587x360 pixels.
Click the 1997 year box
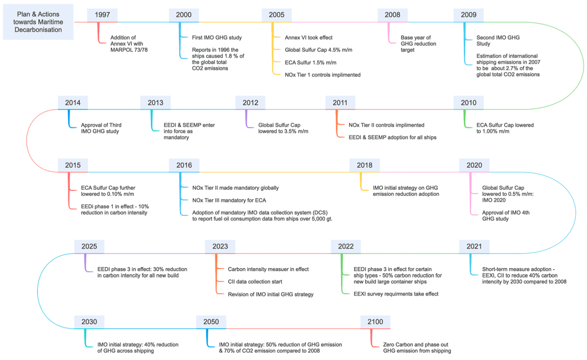point(102,15)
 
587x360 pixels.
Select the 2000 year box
point(183,15)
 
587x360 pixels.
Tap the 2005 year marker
point(276,15)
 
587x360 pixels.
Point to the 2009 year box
point(468,15)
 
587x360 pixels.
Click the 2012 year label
point(250,103)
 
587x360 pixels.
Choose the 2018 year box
point(364,165)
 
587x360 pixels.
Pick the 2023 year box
point(220,247)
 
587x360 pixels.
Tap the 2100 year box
point(375,322)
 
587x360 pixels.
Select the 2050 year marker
point(211,322)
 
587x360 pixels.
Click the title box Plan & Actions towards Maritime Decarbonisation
point(38,22)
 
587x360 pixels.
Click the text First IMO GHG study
point(217,37)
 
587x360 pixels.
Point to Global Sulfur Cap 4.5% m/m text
point(318,50)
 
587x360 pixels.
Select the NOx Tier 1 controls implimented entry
point(322,75)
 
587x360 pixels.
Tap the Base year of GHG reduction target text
point(418,44)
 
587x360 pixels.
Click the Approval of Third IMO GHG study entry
point(101,128)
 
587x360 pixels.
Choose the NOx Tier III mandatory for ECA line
point(229,200)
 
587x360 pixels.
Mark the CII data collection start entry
point(255,282)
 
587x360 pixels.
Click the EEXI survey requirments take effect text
point(396,294)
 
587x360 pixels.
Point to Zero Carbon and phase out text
point(416,345)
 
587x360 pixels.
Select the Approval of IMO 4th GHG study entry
point(506,216)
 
